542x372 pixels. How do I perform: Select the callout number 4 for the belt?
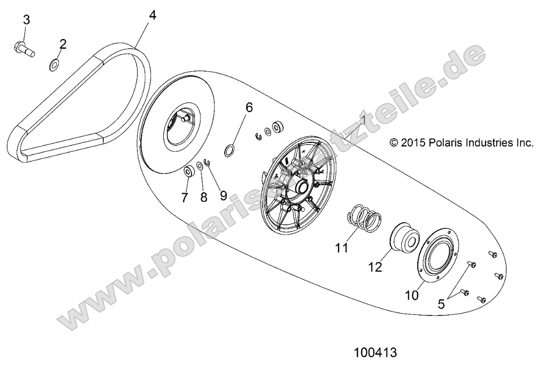[152, 15]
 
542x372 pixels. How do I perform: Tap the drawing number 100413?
[375, 352]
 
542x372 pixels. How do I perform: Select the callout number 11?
[342, 248]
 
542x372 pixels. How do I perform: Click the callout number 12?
[376, 267]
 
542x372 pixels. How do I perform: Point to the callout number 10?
[411, 295]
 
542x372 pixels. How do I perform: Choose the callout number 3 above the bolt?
[26, 20]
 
